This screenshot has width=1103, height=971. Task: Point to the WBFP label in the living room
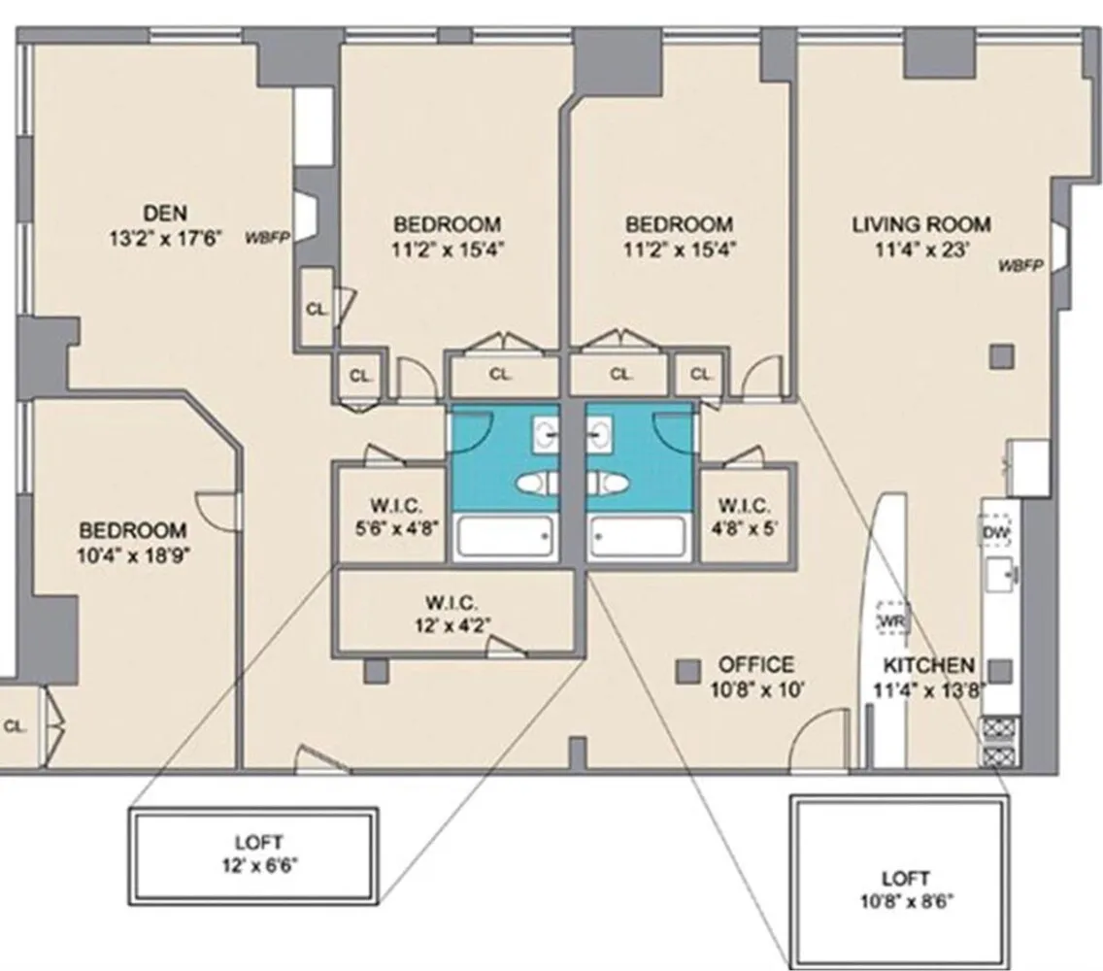click(1019, 264)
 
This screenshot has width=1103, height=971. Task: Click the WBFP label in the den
click(268, 236)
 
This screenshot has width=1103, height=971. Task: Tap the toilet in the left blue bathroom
click(536, 483)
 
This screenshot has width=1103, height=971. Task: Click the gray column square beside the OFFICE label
click(687, 670)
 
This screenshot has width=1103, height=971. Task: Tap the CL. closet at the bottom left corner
click(17, 725)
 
